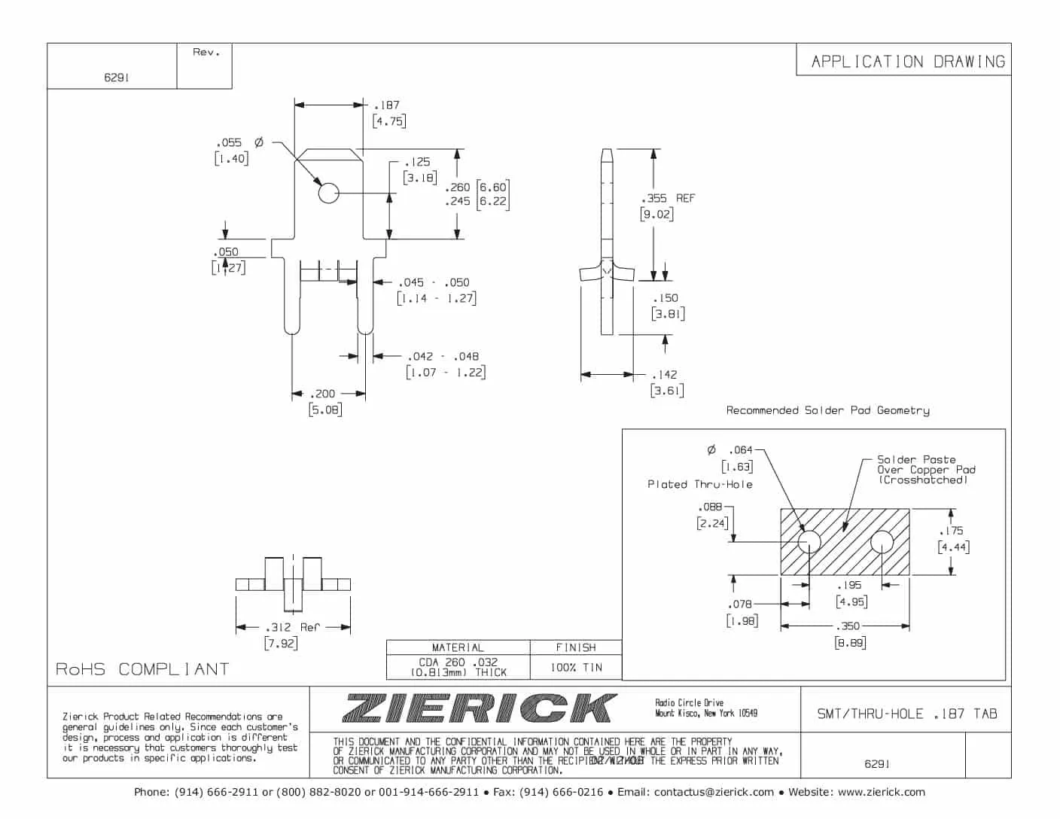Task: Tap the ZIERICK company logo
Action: click(479, 708)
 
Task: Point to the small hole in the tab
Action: click(328, 193)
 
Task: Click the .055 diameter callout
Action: click(229, 142)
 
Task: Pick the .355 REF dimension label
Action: click(668, 198)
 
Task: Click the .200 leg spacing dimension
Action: click(324, 394)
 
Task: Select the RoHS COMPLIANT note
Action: click(142, 669)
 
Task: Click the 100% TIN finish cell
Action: click(576, 667)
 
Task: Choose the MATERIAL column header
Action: click(458, 647)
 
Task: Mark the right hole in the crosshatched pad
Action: click(882, 541)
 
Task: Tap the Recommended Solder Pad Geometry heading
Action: click(827, 410)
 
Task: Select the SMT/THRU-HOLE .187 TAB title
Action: click(906, 714)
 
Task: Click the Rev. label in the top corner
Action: click(206, 53)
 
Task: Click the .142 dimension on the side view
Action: click(665, 374)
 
